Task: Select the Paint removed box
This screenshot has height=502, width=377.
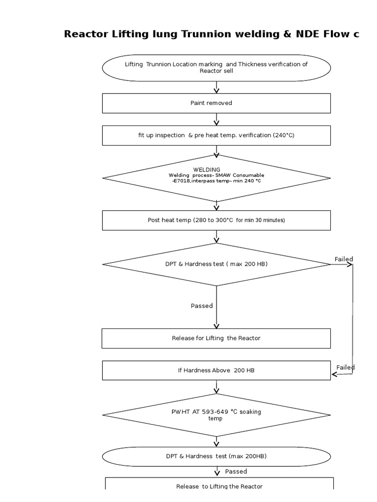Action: click(x=216, y=103)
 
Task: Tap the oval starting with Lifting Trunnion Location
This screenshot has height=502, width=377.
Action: click(x=216, y=68)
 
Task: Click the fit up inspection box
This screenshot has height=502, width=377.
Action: click(x=216, y=135)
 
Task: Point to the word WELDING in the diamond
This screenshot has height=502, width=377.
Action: click(x=207, y=170)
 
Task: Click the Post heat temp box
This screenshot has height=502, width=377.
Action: click(x=216, y=220)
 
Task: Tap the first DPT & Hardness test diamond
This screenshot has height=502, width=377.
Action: click(x=216, y=264)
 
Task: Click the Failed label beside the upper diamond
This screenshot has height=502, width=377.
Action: click(x=344, y=259)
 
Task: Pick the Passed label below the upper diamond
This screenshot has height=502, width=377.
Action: click(x=202, y=306)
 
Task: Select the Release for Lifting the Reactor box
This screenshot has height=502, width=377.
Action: click(x=216, y=338)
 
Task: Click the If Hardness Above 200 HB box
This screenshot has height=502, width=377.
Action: click(x=216, y=370)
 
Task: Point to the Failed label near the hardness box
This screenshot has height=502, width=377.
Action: click(x=346, y=367)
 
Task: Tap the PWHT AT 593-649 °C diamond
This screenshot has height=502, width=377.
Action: click(x=216, y=415)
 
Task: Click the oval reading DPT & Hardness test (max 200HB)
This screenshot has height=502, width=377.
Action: click(x=216, y=456)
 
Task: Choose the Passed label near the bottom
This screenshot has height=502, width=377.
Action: click(x=236, y=472)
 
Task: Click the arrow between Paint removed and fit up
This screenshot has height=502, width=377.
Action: click(x=216, y=119)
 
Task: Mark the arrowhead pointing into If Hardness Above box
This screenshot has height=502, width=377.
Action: click(x=334, y=374)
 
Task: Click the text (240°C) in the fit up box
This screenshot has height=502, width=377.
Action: click(x=283, y=135)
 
